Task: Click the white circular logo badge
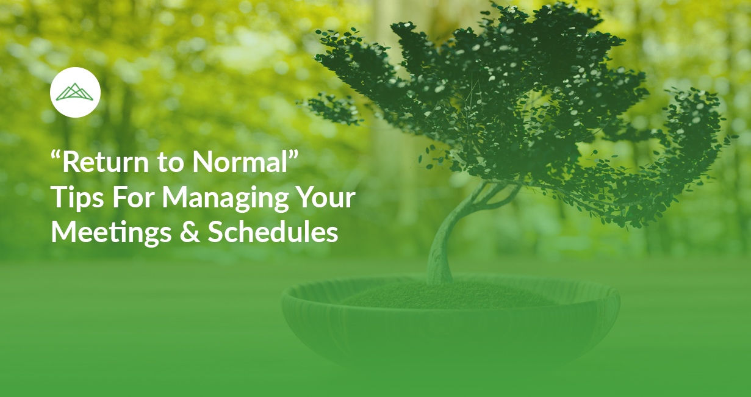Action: click(x=75, y=92)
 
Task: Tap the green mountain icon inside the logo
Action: click(x=75, y=92)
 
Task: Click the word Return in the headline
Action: click(x=106, y=162)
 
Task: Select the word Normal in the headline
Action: click(x=240, y=162)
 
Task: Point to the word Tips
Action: click(x=77, y=198)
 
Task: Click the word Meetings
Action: click(x=111, y=233)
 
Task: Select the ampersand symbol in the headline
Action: click(x=190, y=232)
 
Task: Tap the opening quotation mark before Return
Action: click(x=56, y=155)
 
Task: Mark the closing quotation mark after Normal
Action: click(x=293, y=155)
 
